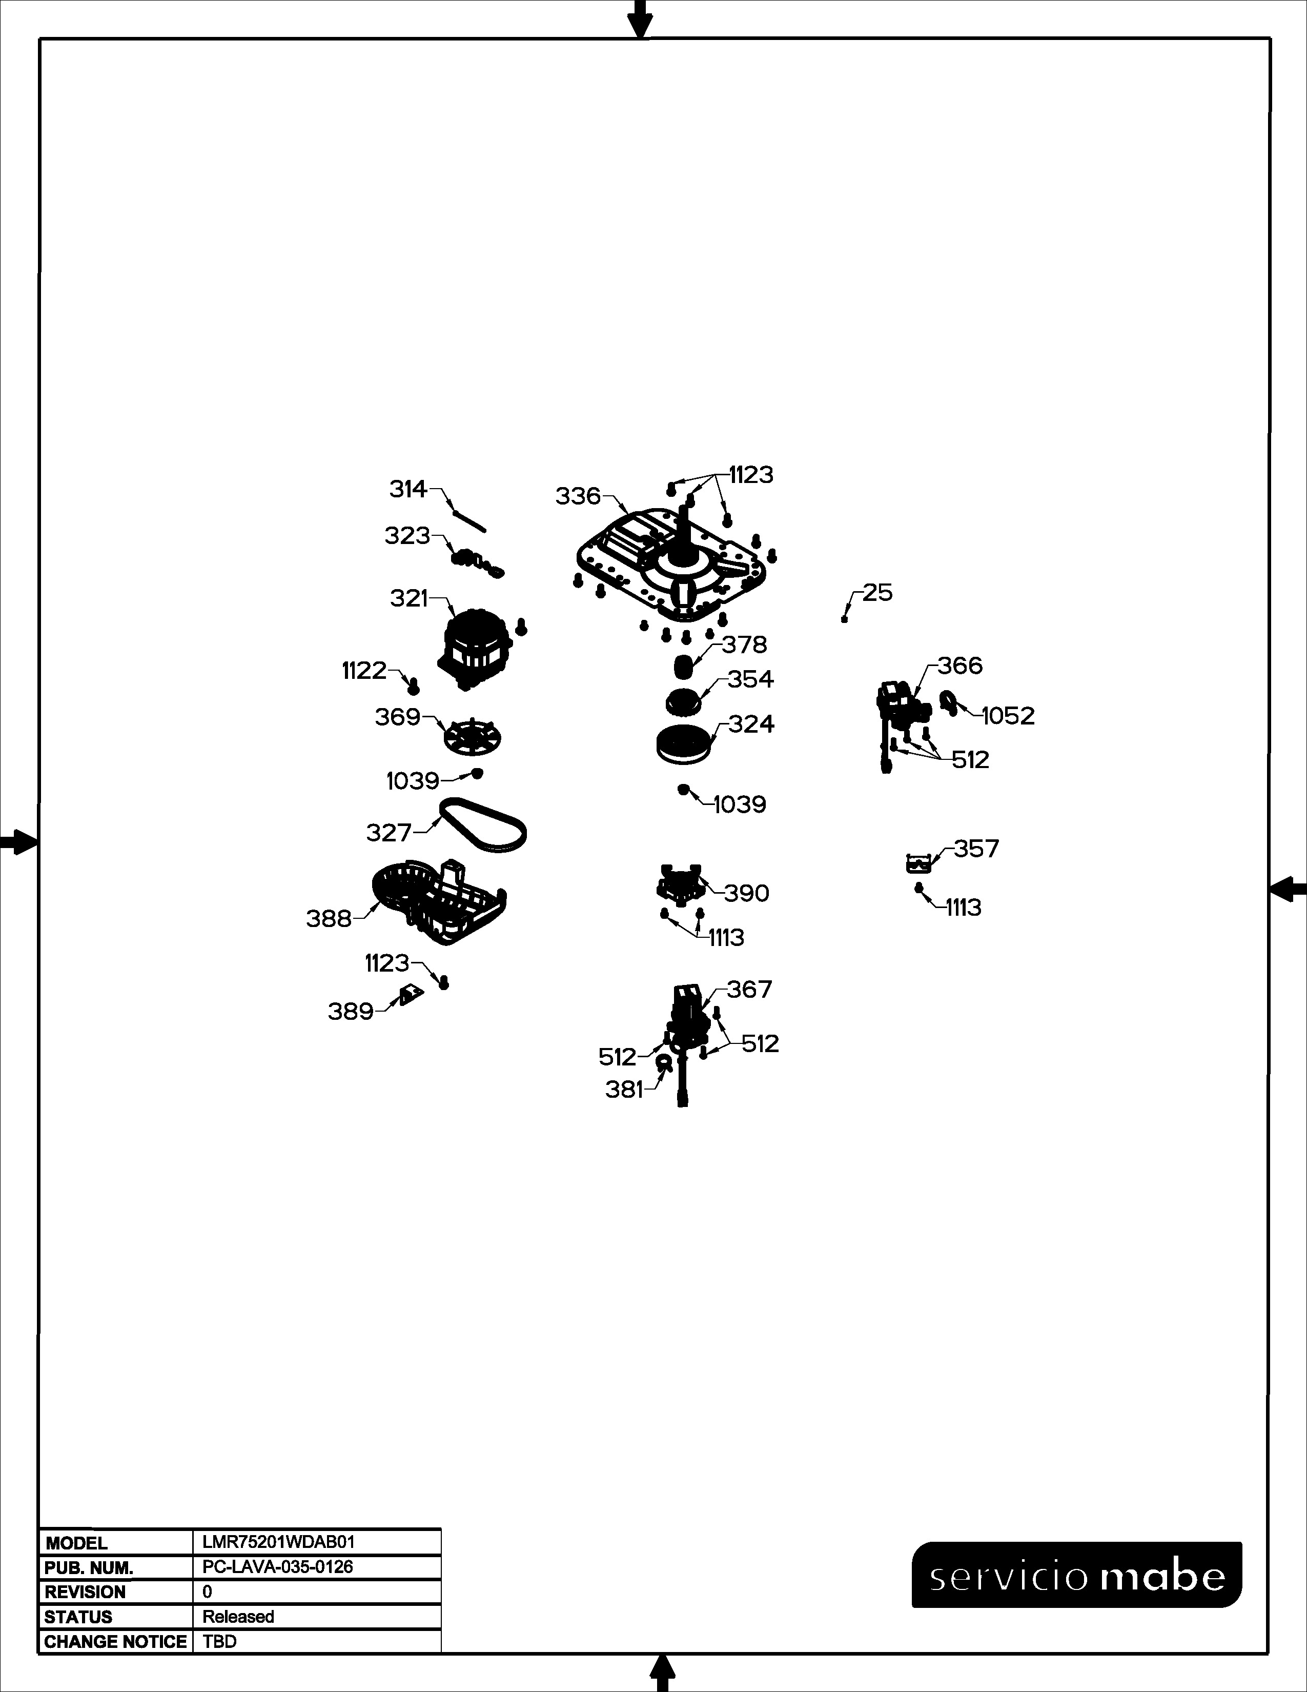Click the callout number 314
coord(408,489)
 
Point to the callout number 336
coord(578,496)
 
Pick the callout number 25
coord(877,593)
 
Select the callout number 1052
coord(1008,716)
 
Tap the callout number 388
coord(329,919)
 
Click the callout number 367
coord(749,990)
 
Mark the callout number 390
coord(746,893)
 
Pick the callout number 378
coord(745,644)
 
